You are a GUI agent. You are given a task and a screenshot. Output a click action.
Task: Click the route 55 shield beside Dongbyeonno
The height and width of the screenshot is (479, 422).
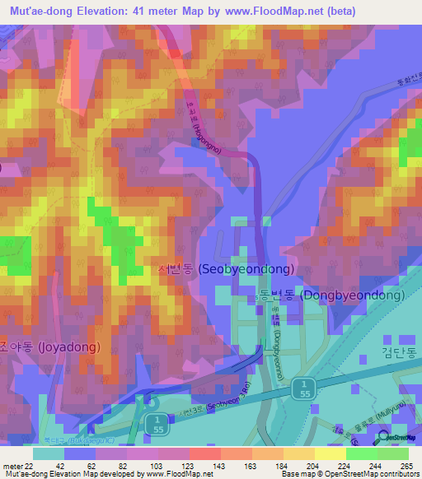click(305, 390)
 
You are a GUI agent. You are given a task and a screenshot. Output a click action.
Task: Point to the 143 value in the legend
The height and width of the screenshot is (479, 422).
click(196, 465)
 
